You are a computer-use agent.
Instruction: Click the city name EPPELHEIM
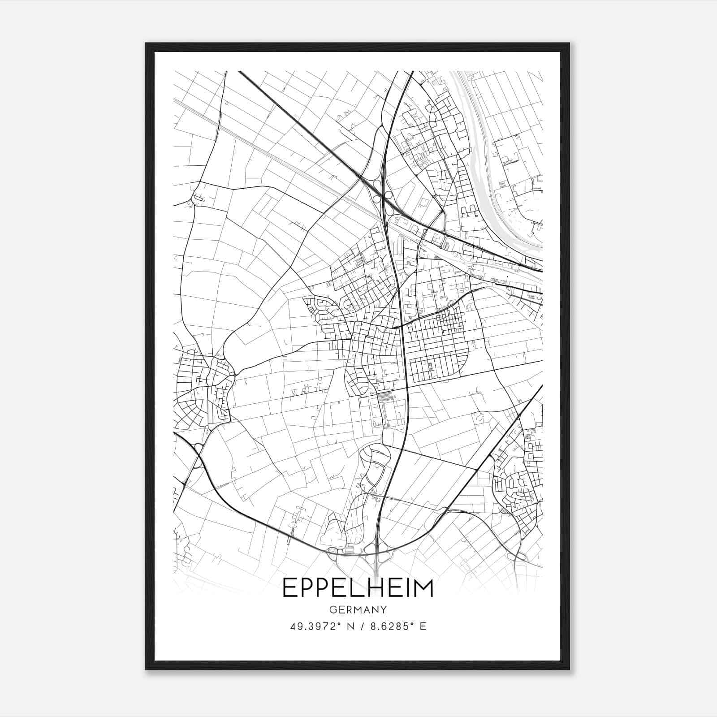(358, 588)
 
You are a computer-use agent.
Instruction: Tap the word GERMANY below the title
(358, 610)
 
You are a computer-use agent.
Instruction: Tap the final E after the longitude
(423, 626)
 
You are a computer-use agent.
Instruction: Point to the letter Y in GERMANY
(384, 610)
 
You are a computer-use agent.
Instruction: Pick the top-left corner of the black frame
(146, 44)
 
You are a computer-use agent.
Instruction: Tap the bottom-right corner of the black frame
(569, 669)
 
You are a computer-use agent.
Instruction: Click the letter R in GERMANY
(348, 610)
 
